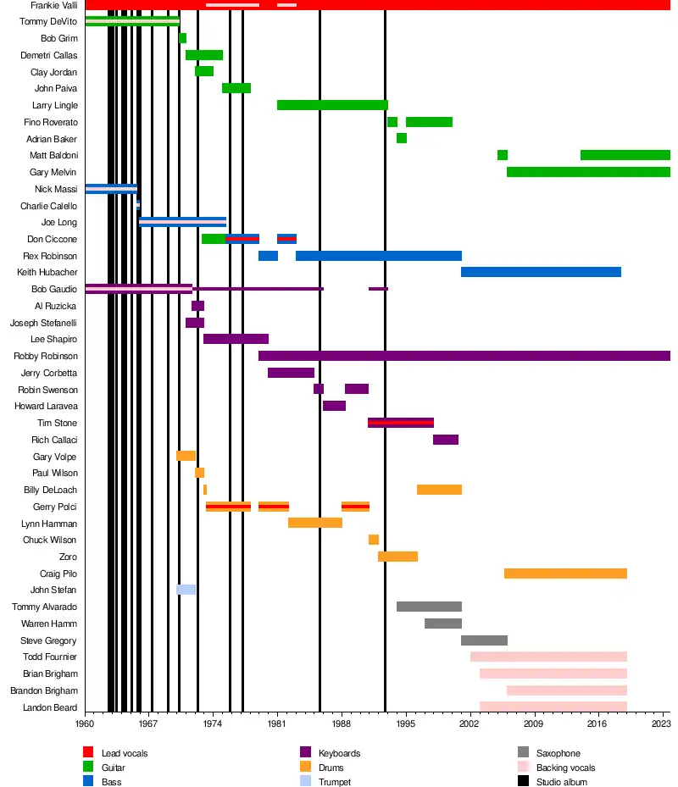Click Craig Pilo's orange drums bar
(565, 574)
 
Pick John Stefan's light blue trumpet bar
(186, 590)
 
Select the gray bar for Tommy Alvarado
(429, 607)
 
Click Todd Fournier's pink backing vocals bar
(548, 657)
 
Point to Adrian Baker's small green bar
(402, 138)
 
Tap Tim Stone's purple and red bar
(401, 423)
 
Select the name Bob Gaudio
(54, 289)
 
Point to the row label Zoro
(68, 557)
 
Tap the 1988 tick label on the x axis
(342, 725)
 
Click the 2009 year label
(534, 725)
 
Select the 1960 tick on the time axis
(85, 725)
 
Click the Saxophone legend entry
(558, 753)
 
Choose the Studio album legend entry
(561, 782)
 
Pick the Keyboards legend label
(339, 753)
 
